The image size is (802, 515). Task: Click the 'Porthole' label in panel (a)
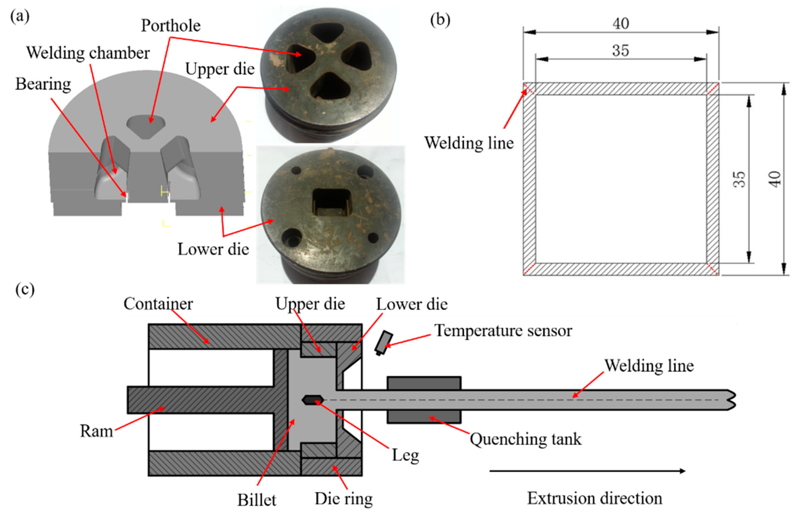(171, 26)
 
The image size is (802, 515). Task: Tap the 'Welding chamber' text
(88, 53)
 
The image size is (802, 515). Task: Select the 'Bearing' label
(43, 84)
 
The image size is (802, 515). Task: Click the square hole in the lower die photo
(331, 201)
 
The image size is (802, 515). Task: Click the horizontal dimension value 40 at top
(621, 23)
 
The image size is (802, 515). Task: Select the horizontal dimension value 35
(621, 51)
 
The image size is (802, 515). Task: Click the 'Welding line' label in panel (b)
(469, 143)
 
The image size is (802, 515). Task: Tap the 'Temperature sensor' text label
(503, 330)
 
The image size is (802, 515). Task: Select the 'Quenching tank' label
(525, 439)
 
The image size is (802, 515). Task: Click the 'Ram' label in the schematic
(96, 431)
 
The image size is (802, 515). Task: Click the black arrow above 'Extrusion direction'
(587, 471)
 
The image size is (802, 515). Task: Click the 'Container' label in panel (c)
(158, 304)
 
